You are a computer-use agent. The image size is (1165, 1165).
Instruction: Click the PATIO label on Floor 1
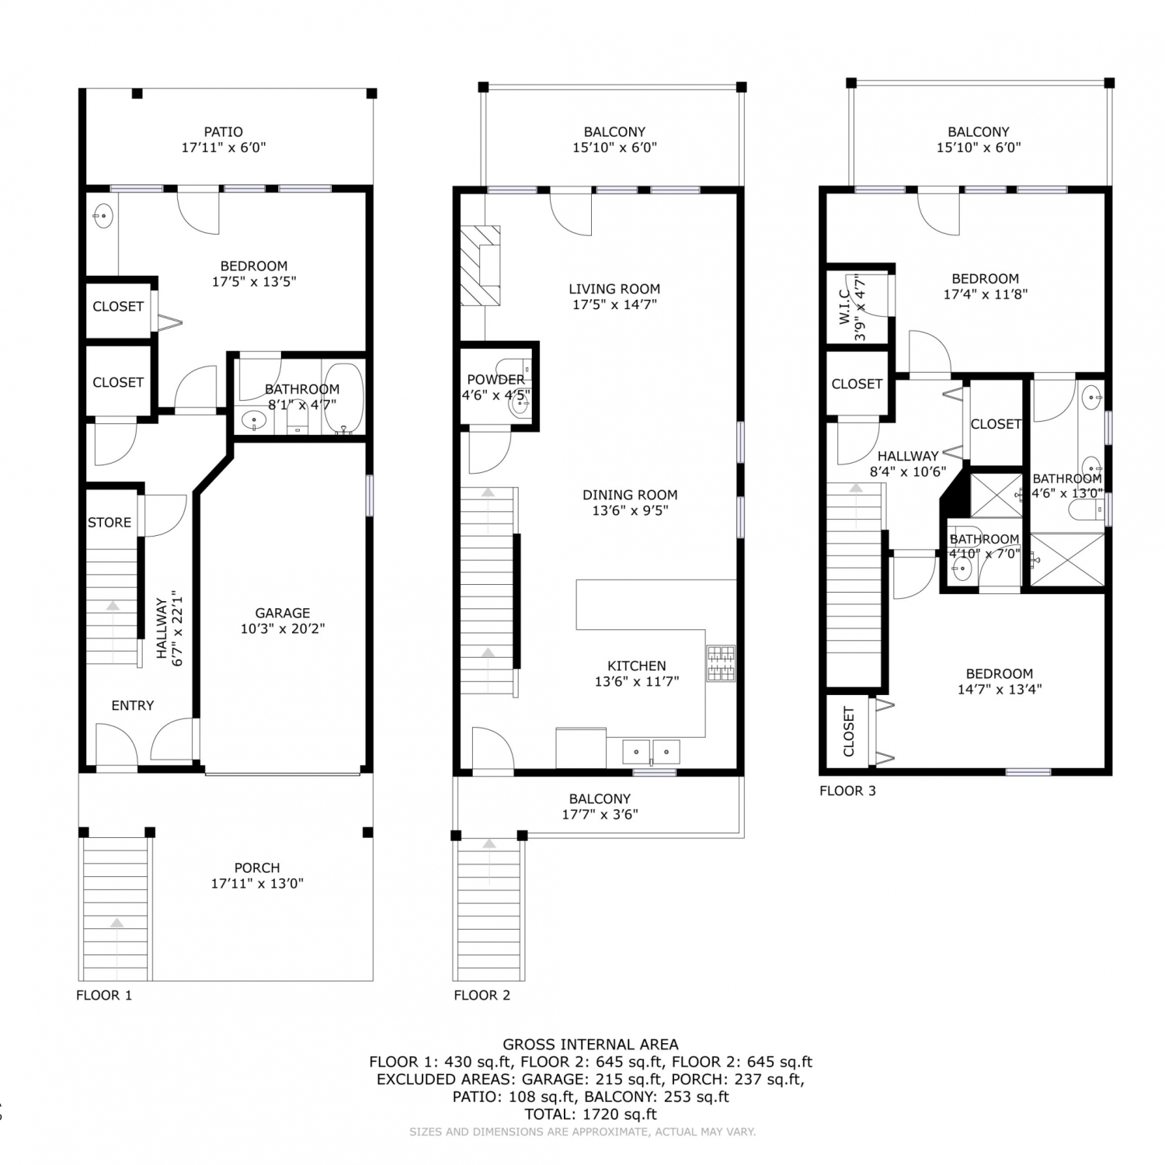[x=224, y=132]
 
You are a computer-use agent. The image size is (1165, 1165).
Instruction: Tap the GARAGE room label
[x=283, y=613]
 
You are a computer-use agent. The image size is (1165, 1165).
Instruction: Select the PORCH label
[x=257, y=868]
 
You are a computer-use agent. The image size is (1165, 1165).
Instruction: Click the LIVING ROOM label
[x=614, y=289]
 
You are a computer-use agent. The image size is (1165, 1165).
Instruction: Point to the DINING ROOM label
[x=630, y=495]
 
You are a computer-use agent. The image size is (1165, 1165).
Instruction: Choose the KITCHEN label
[x=637, y=666]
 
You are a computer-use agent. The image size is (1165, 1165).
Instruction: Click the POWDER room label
[x=496, y=380]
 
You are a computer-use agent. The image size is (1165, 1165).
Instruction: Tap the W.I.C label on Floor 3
[x=844, y=307]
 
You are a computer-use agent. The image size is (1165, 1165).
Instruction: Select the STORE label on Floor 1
[x=110, y=523]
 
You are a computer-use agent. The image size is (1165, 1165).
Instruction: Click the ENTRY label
[x=133, y=705]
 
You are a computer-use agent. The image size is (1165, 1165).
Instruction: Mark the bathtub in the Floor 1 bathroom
[x=343, y=398]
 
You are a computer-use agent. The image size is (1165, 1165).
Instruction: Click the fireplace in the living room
[x=480, y=266]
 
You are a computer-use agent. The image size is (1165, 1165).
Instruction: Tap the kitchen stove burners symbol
[x=721, y=663]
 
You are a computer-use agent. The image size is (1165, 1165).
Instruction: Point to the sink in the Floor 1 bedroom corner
[x=103, y=216]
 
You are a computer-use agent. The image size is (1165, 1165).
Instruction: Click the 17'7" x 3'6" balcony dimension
[x=600, y=815]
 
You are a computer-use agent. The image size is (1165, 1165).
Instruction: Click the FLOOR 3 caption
[x=847, y=791]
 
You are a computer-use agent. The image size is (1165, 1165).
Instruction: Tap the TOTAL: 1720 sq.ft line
[x=590, y=1114]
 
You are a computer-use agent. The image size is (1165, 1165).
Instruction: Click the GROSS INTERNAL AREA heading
[x=590, y=1045]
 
